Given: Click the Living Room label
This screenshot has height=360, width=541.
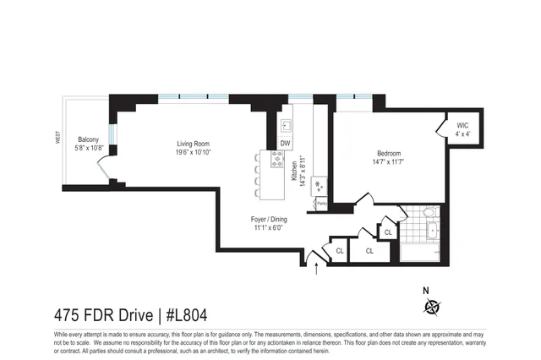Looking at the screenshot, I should (x=194, y=143).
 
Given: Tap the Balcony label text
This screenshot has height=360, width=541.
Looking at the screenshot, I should (x=89, y=139).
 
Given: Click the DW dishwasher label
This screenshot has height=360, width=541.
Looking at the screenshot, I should (x=285, y=143).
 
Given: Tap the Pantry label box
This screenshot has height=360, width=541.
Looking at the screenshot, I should (x=321, y=203).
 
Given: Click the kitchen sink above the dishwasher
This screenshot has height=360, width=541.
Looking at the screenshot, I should (x=286, y=125).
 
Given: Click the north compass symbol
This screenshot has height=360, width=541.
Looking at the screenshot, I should (x=433, y=306).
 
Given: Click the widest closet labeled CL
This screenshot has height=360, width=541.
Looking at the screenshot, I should (x=369, y=251).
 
